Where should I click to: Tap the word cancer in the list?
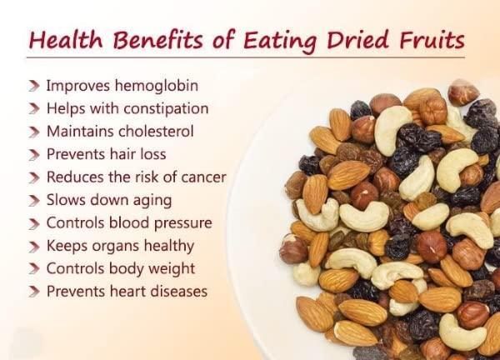tap(204, 177)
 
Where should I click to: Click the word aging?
tap(150, 201)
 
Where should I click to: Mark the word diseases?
tap(177, 292)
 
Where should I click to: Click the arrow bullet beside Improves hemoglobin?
tap(33, 86)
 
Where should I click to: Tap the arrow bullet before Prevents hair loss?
tap(33, 155)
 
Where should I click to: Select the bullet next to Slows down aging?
tap(33, 201)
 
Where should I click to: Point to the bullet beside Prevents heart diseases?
tap(33, 292)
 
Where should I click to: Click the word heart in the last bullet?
tap(122, 292)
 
